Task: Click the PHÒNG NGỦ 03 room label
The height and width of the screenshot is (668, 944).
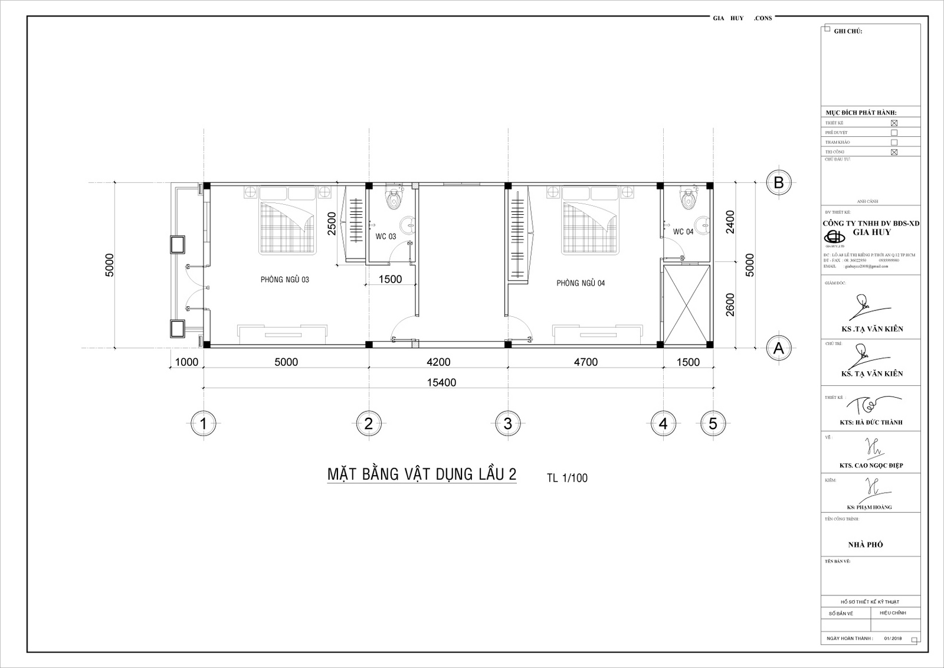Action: (284, 280)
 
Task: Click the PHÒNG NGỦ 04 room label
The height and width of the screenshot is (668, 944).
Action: (581, 283)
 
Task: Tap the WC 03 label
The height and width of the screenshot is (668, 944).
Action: (386, 237)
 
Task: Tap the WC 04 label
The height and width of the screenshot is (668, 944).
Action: (683, 232)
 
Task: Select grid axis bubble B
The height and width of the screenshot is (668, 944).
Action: (778, 183)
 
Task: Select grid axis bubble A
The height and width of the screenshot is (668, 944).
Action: (778, 348)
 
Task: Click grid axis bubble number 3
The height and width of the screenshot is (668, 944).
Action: (507, 423)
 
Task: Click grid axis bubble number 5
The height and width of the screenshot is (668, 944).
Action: (713, 423)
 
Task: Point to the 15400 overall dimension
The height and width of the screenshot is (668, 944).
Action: (441, 382)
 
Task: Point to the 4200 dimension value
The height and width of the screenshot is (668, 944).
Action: (438, 362)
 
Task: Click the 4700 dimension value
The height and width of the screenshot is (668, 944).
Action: (585, 362)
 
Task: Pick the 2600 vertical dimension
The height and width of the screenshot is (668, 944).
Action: (730, 305)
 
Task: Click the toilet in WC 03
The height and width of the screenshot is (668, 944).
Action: (392, 199)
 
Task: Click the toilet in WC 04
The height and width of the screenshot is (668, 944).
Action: (687, 199)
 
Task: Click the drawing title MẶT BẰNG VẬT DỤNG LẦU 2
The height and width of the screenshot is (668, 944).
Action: (421, 474)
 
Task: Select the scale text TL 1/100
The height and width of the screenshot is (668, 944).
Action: (567, 478)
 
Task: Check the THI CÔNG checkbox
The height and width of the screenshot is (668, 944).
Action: (894, 152)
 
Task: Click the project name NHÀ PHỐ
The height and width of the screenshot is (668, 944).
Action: (865, 545)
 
